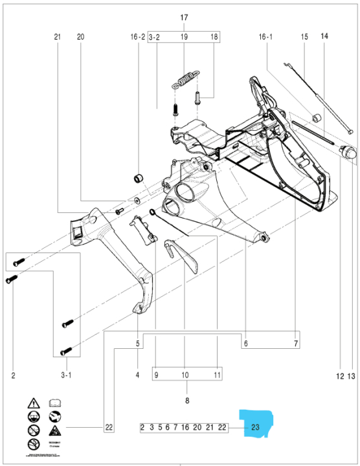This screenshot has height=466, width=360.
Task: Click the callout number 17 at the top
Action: (x=185, y=17)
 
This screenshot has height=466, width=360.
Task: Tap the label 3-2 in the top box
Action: (x=154, y=37)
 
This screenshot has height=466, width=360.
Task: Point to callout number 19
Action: (x=185, y=37)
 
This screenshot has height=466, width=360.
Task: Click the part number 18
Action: (x=215, y=37)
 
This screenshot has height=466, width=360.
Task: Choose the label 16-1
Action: (x=266, y=37)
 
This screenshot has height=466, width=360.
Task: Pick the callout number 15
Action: (x=304, y=37)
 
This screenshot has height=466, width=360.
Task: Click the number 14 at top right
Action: (x=324, y=37)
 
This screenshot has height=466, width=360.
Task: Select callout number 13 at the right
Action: (x=352, y=375)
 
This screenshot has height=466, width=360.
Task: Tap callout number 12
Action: (x=339, y=375)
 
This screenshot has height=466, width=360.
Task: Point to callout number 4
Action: (x=138, y=375)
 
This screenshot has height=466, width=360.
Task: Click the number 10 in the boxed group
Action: (x=185, y=375)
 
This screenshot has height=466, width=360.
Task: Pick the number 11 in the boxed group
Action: (x=218, y=375)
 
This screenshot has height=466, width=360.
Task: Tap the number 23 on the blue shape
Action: (x=255, y=427)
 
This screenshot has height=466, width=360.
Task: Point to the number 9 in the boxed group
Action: (x=155, y=375)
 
